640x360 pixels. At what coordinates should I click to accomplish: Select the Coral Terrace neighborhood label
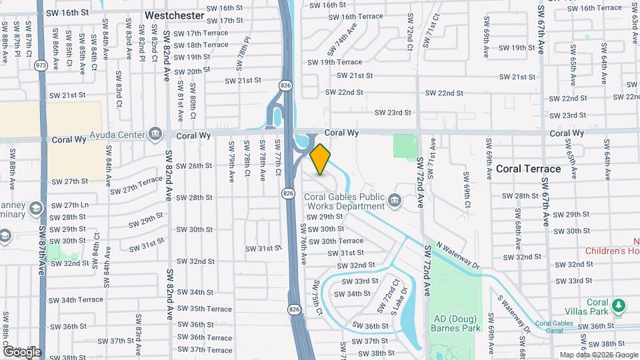coord(529,169)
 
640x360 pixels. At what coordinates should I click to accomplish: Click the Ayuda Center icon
coord(155,135)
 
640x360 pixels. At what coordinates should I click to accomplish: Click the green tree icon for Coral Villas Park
coord(620,305)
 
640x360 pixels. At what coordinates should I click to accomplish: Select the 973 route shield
coord(41,65)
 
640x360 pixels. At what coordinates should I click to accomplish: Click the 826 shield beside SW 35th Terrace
coord(294,309)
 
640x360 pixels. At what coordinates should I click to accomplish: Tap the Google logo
coord(22,351)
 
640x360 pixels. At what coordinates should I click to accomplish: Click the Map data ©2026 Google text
coord(598,355)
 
